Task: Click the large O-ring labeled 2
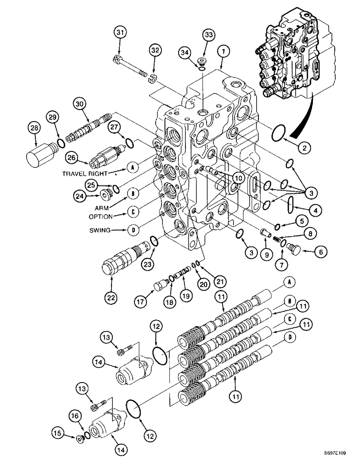click(x=279, y=133)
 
